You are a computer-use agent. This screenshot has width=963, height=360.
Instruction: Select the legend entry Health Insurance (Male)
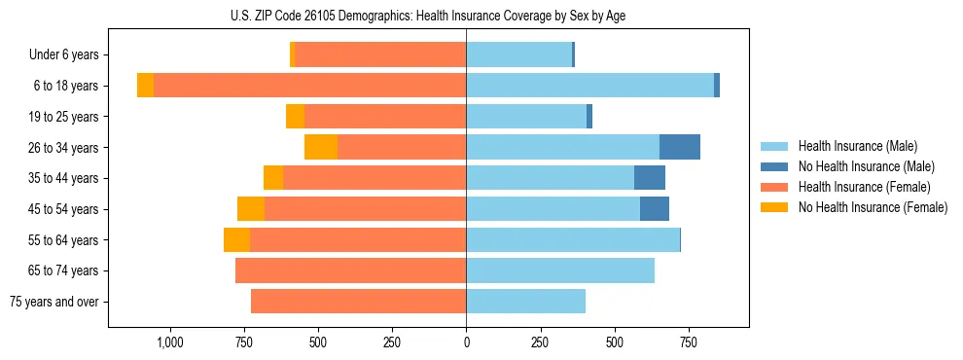851,146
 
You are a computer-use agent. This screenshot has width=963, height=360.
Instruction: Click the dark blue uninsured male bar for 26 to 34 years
680,147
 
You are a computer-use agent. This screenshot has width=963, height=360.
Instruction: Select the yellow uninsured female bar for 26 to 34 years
321,147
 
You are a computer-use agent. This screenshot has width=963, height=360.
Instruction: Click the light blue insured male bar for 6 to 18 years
589,86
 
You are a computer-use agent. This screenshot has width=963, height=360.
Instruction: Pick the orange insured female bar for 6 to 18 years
309,86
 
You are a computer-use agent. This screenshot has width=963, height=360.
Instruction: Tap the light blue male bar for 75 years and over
525,302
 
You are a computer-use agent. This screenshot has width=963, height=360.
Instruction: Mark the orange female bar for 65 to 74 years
350,270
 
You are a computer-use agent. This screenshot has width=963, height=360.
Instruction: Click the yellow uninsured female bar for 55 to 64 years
236,240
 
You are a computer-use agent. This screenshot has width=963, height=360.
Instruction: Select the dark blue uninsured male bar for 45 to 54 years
655,209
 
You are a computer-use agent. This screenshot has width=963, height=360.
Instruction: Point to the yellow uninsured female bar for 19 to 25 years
295,117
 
